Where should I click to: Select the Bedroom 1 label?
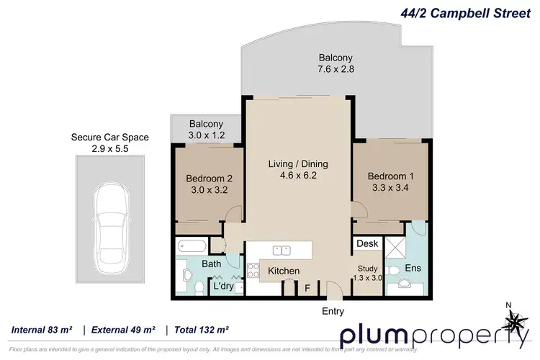point(392,176)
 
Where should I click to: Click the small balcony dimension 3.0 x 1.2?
point(207,135)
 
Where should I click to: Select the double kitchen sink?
point(282,249)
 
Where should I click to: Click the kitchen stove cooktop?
point(253,271)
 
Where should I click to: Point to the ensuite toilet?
point(395,270)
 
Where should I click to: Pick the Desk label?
point(367,244)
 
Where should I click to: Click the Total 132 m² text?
point(199,330)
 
